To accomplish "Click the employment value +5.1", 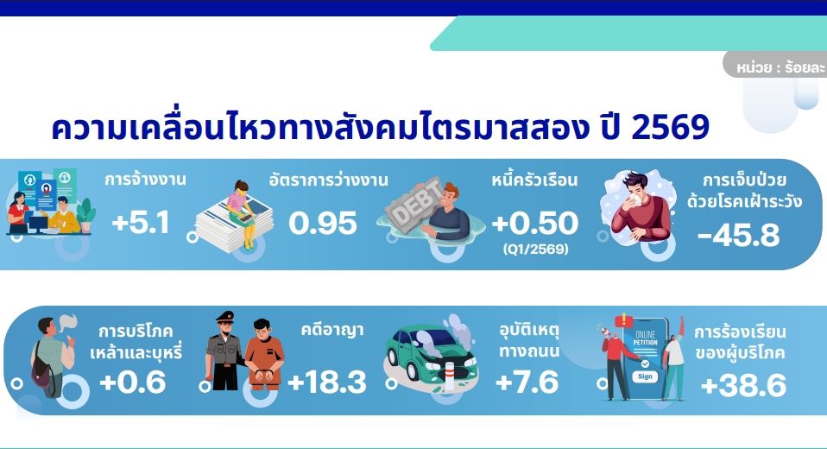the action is point(141,223).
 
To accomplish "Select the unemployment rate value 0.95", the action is point(323,223).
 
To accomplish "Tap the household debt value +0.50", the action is point(535,223).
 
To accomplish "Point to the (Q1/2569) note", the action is point(536,249).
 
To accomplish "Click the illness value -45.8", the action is point(738,236).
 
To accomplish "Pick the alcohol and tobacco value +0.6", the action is point(133,382).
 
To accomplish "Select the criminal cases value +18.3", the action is point(327,382).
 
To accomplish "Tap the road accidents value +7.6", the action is point(527,382).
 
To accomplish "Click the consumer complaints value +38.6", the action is point(743,385).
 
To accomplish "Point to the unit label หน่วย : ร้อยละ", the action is point(780,67).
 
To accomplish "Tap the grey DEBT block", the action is point(415,203).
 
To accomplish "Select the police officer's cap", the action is point(224,317).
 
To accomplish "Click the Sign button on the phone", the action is point(645,376).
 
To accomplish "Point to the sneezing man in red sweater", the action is point(639,207).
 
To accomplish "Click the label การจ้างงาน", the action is point(145,180).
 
